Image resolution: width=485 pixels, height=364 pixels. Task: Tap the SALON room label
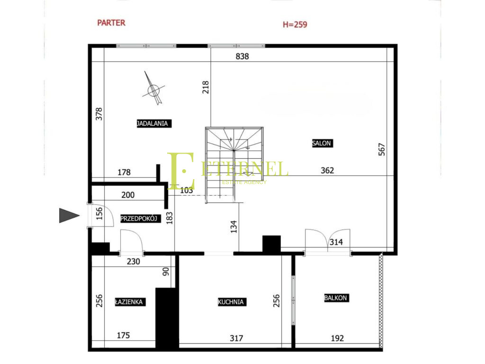[x=322, y=143]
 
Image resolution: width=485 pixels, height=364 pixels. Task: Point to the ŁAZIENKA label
[x=130, y=302]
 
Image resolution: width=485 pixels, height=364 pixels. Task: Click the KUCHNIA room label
[x=232, y=302]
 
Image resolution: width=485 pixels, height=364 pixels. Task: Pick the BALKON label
[x=336, y=298]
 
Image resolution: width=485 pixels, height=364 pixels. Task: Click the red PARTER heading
[x=111, y=23]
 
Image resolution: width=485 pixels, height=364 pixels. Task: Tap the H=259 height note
[x=295, y=25]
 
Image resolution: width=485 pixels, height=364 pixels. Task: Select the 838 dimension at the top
[x=242, y=56]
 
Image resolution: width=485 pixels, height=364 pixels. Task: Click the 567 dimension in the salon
[x=382, y=149]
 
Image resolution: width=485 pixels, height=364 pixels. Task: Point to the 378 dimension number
[x=99, y=114]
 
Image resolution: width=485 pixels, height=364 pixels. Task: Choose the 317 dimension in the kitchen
[x=236, y=338]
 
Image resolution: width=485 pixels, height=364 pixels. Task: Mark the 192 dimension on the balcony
[x=337, y=338]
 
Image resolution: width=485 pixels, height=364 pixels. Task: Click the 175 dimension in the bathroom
[x=123, y=335]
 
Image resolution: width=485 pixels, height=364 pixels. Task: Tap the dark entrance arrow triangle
[x=69, y=216]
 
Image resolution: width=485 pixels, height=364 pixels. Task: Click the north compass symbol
[x=153, y=89]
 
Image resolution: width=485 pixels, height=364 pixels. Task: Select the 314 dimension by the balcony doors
[x=336, y=242]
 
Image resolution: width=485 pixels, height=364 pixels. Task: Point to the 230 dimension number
[x=133, y=262]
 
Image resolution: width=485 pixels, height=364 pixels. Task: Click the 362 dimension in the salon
[x=327, y=171]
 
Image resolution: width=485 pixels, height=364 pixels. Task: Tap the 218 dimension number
[x=206, y=87]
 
